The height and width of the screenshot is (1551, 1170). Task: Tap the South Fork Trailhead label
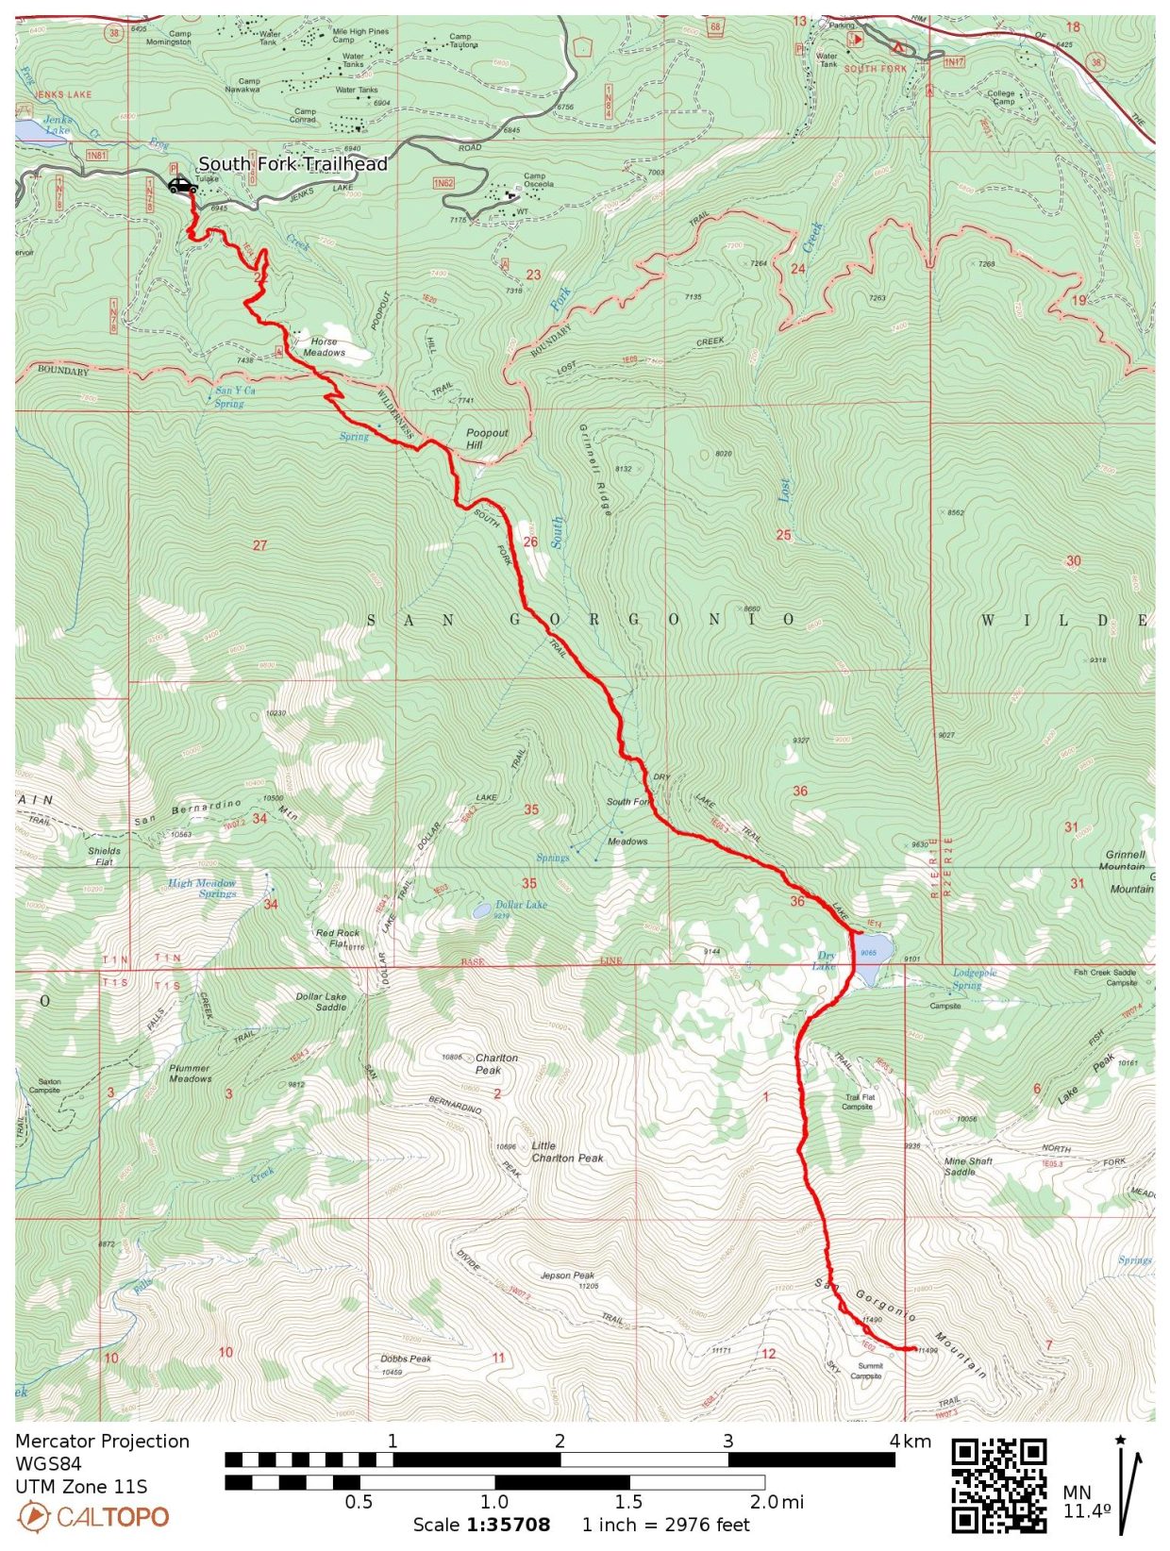coord(292,164)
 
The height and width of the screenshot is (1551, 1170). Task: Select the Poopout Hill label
coord(487,439)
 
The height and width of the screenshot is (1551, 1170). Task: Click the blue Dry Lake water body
coord(869,946)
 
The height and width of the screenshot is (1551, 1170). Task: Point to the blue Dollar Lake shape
coord(481,910)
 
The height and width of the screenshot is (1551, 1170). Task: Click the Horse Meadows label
coord(324,347)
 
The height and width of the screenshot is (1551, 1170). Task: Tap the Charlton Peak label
coord(495,1064)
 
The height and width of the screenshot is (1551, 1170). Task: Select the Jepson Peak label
coord(568,1276)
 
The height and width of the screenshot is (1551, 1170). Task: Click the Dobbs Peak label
coord(406,1359)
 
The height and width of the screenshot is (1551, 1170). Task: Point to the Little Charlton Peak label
coord(566,1152)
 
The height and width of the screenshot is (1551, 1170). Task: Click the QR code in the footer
coord(998,1485)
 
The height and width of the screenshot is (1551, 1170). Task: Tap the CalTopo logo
coord(93,1517)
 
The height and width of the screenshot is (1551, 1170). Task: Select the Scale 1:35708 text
coord(481,1526)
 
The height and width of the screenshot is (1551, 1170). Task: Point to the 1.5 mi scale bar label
coord(628,1502)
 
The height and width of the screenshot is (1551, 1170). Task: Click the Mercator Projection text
coord(102,1442)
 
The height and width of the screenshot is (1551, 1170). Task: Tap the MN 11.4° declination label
coord(1087,1502)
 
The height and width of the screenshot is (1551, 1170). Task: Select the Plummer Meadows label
coord(190,1073)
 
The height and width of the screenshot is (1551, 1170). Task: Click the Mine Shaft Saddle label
coord(968,1166)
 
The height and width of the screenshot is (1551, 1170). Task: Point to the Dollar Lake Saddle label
coord(321,1002)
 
